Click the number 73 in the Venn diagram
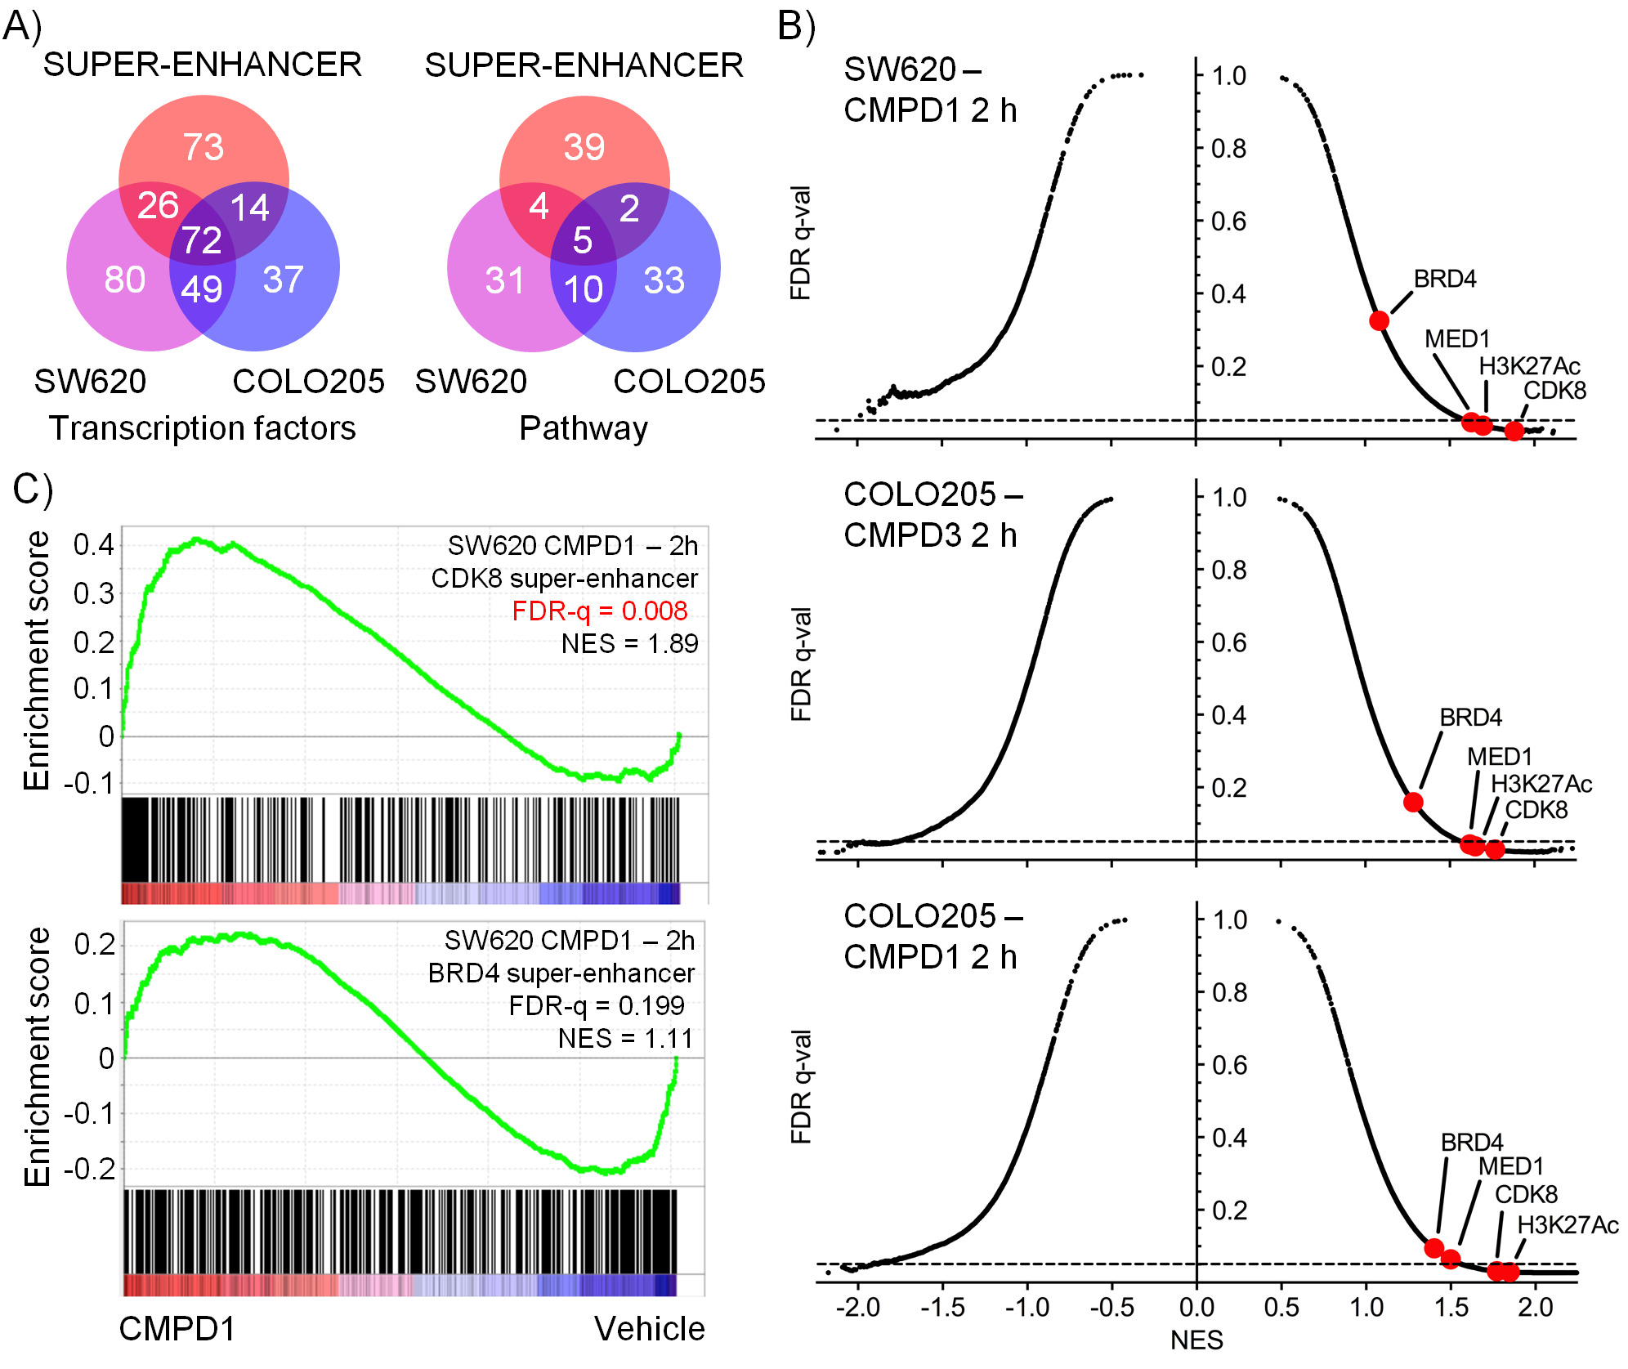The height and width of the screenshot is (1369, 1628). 203,148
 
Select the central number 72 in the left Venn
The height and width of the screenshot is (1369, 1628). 201,240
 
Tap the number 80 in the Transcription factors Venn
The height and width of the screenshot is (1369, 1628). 125,280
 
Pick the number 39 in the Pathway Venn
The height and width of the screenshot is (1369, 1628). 584,148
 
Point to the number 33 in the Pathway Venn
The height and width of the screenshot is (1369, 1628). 664,281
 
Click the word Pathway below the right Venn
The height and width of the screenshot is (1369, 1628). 584,428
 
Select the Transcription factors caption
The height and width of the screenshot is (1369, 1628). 203,428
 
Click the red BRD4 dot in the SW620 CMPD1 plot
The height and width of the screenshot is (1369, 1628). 1379,320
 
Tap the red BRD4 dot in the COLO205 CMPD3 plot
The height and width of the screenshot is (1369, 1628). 1413,802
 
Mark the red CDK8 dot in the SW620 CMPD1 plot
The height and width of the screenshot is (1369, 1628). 1514,431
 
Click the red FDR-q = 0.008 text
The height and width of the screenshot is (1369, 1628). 600,611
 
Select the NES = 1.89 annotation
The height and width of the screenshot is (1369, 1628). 629,644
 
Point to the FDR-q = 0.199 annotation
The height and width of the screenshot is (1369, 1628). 597,1005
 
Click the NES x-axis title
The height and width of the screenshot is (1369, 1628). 1196,1340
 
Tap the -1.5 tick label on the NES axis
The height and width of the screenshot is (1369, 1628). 942,1307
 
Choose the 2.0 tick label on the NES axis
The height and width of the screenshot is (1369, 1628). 1535,1307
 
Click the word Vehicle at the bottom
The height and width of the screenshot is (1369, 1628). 649,1330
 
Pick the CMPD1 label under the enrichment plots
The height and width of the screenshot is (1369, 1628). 177,1330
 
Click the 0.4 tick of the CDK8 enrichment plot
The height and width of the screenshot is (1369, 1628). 93,545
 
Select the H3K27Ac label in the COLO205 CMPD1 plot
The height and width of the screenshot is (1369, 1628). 1568,1225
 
